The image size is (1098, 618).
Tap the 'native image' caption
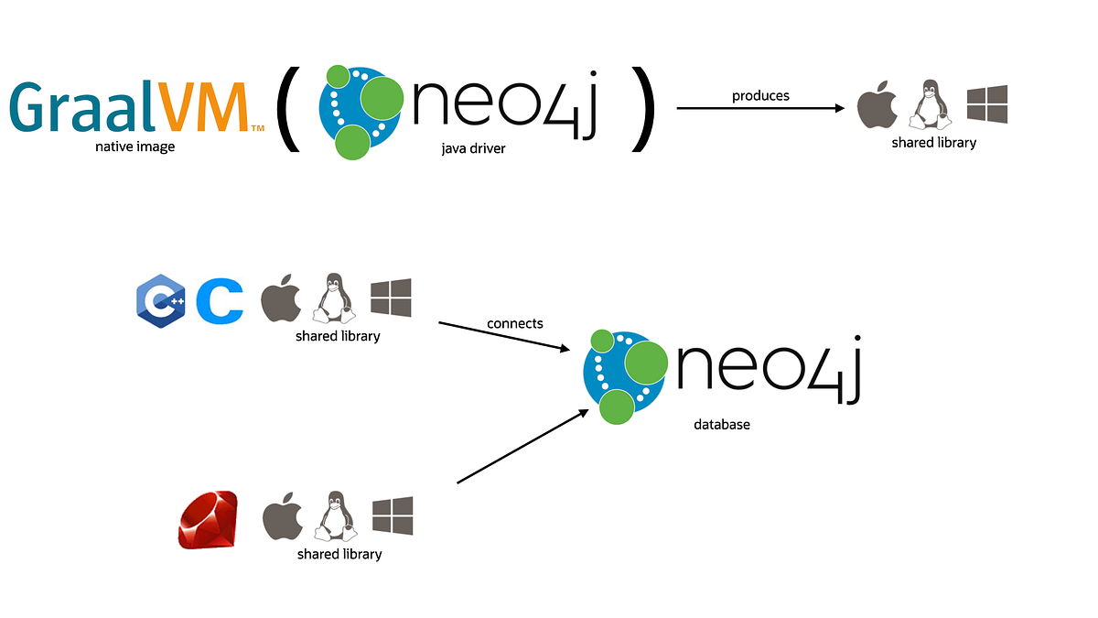[x=135, y=146]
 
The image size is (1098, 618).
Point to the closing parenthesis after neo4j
[x=643, y=107]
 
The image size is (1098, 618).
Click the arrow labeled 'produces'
[x=759, y=108]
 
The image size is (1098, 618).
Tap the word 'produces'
[x=760, y=95]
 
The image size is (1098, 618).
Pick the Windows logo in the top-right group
[x=987, y=104]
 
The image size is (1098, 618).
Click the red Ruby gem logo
[x=208, y=520]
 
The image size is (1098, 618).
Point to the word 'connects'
[x=515, y=323]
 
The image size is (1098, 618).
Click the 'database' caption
[x=721, y=425]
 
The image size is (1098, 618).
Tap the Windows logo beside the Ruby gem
[x=392, y=516]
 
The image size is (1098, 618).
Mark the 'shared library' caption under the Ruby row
[x=339, y=554]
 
